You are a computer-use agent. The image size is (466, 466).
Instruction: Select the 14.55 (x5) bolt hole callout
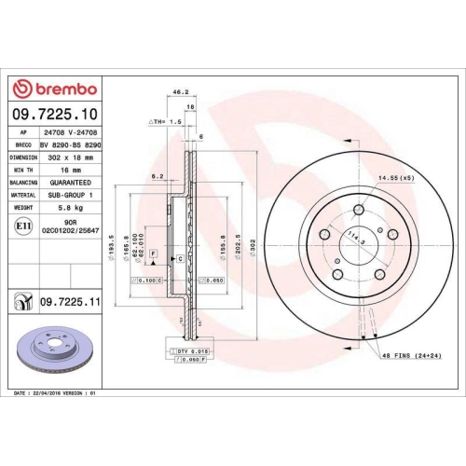coord(396,177)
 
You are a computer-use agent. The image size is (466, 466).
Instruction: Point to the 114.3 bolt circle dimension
coord(355,238)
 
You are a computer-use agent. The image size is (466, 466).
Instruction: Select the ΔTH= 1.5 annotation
coord(161,122)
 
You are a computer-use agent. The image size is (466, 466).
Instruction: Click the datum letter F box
coord(152,254)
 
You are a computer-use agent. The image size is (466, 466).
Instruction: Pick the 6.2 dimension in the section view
coord(158,175)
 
